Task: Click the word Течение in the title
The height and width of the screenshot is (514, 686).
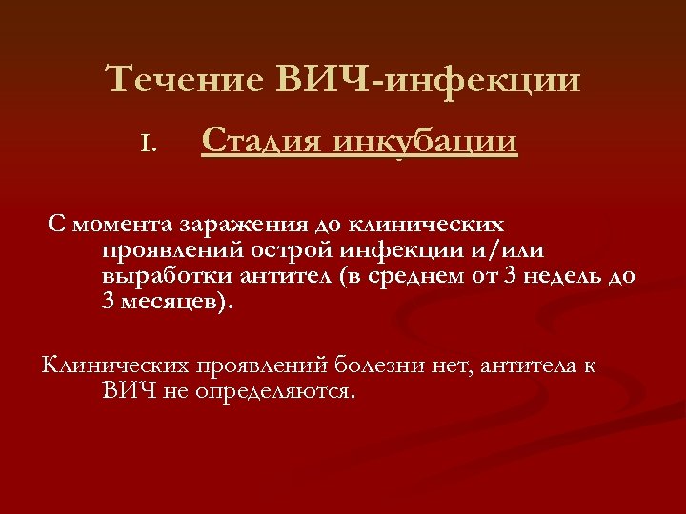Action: coord(185,80)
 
